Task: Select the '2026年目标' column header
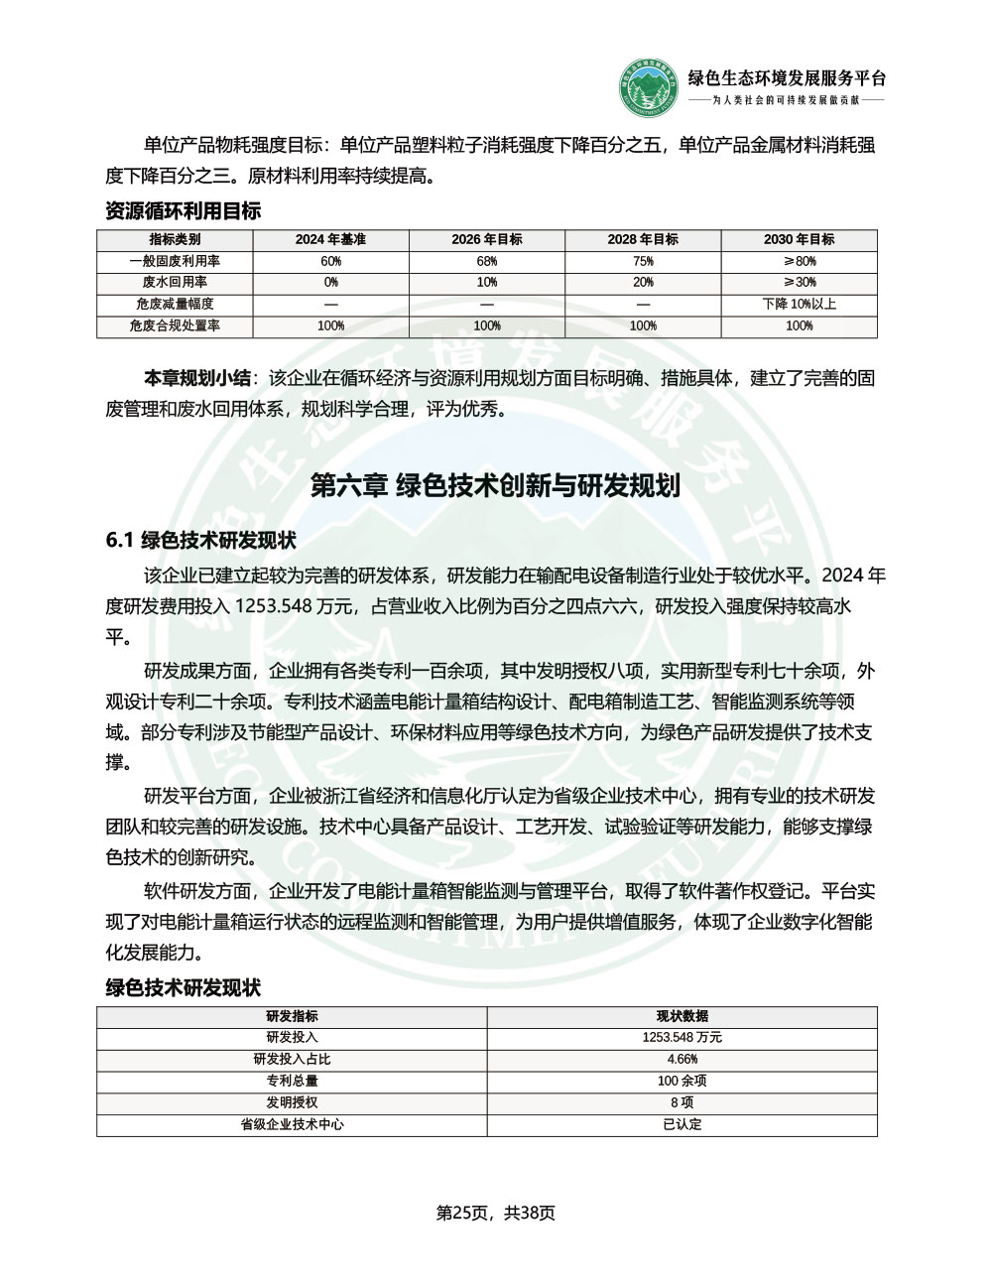[486, 239]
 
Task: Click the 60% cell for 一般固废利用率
[330, 261]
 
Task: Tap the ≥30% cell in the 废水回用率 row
[799, 283]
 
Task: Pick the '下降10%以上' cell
[799, 305]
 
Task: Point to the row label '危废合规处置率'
[175, 325]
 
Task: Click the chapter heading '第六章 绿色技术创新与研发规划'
[495, 486]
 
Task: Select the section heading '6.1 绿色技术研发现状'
[200, 541]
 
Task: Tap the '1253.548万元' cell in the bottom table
[682, 1038]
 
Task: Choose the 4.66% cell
[682, 1060]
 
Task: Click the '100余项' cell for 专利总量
[682, 1082]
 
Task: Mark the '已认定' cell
[682, 1125]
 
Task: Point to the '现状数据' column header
[682, 1016]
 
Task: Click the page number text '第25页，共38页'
[495, 1213]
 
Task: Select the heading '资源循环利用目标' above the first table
[183, 211]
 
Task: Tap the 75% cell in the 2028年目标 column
[643, 261]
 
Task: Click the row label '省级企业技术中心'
[292, 1125]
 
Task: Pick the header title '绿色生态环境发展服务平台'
[787, 79]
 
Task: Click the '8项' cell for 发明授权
[682, 1103]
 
